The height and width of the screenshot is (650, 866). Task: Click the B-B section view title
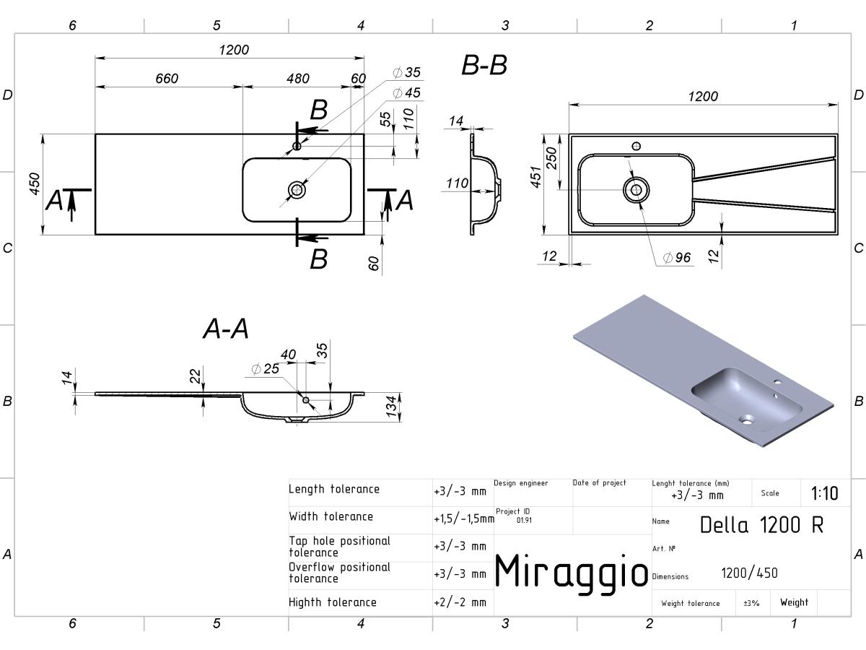[484, 65]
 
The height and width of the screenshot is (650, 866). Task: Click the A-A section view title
[226, 329]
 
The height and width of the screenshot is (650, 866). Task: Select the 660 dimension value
[167, 79]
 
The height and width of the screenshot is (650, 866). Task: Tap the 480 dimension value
[298, 79]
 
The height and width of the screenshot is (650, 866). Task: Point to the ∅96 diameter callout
[677, 258]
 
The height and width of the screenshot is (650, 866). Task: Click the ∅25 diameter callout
[265, 369]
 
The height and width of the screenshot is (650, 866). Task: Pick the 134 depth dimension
[391, 407]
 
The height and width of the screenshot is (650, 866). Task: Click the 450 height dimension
[35, 184]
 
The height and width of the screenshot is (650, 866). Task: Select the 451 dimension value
[535, 177]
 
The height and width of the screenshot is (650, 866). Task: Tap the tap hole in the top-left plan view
[297, 147]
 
